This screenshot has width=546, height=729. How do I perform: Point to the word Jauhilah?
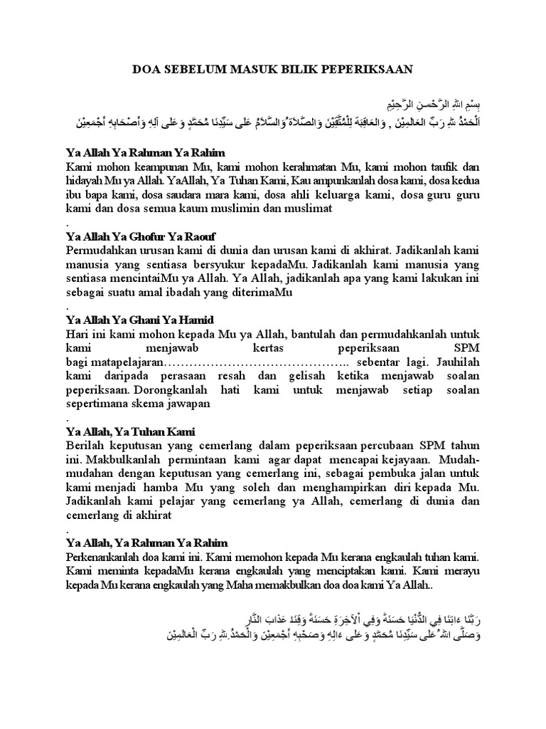pyautogui.click(x=456, y=362)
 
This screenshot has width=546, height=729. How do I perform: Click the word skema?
pyautogui.click(x=149, y=404)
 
